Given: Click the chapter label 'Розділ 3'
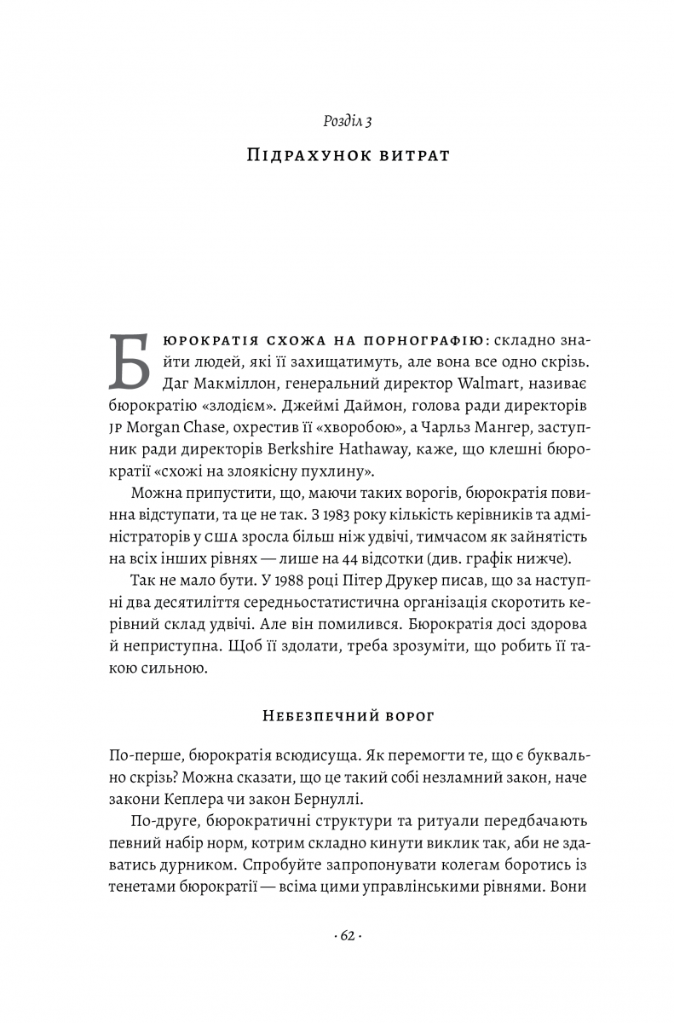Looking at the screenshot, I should coord(348,121).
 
